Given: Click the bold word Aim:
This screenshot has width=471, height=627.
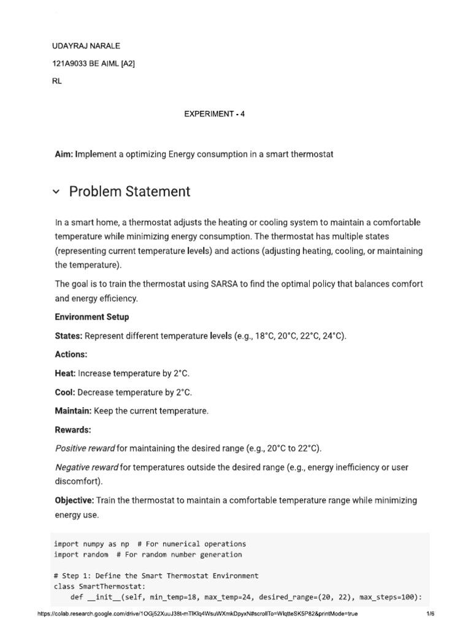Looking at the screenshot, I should pos(64,154).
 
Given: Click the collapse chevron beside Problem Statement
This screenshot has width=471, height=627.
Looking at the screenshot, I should pos(56,192).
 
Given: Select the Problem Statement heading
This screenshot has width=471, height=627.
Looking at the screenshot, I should pos(129,192).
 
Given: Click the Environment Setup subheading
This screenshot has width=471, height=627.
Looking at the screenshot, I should pos(92,317).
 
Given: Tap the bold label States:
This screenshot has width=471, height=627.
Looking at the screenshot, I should pos(69,336).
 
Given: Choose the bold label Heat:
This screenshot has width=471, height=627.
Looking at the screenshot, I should pos(65,373).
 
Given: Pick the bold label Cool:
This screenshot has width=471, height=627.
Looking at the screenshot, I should pos(65,392).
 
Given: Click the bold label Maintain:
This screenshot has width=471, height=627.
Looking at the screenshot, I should pos(73,411).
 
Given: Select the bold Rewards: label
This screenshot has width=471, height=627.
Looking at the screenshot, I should pos(72,430).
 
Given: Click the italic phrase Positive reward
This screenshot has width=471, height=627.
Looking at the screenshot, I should pos(85,448).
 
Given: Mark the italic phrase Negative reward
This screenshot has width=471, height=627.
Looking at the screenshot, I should pos(86,467).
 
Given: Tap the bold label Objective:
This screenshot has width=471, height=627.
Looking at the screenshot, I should pos(75,500).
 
